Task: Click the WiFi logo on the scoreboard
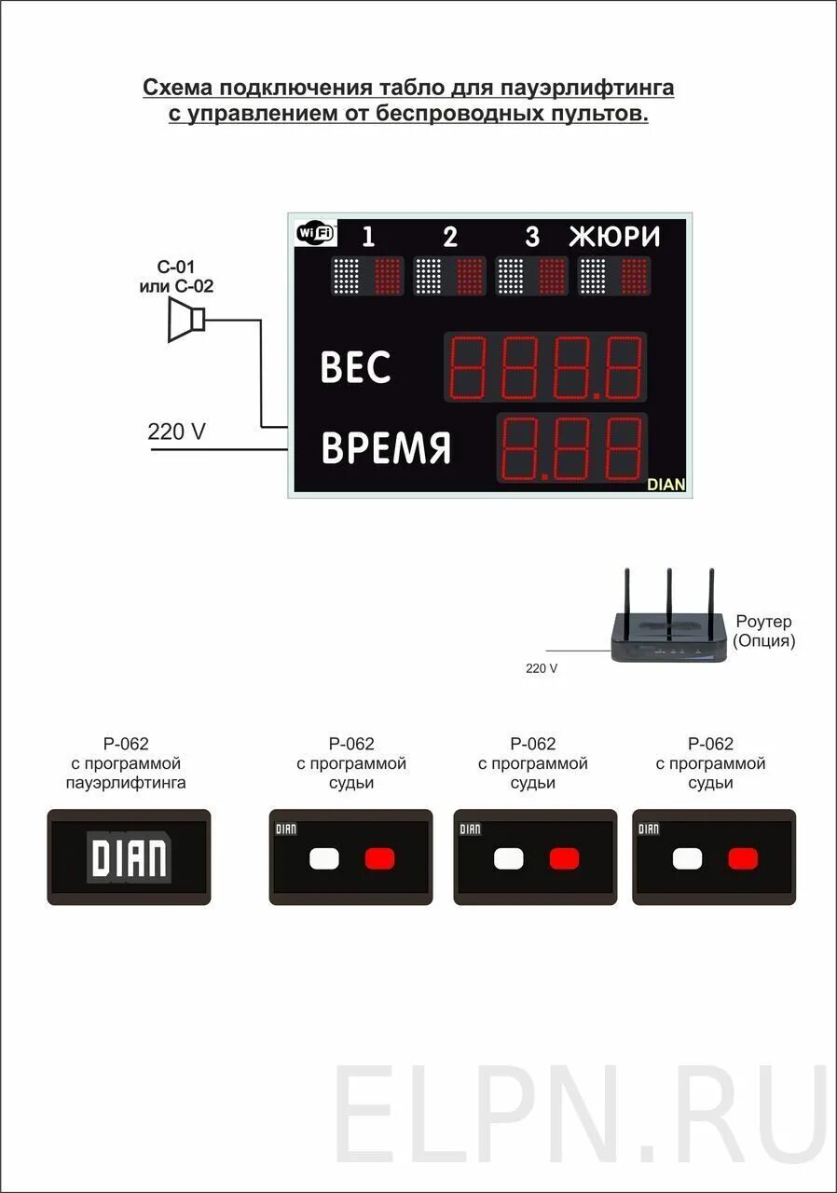coord(316,233)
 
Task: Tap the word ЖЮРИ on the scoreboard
coord(614,237)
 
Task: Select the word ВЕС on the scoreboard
coord(355,367)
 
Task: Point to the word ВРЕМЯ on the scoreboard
coord(386,448)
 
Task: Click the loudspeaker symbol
coord(186,321)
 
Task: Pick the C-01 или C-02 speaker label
coord(176,277)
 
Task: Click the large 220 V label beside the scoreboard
coord(176,432)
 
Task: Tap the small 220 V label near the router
coord(542,668)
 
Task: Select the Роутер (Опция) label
coord(763,631)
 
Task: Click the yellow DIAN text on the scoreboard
coord(665,485)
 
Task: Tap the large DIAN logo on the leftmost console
coord(129,857)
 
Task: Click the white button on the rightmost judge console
coord(687,857)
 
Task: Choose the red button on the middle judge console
coord(564,857)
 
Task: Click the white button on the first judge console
coord(323,857)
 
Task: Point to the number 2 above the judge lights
coord(450,238)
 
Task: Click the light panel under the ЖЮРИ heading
coord(614,276)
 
